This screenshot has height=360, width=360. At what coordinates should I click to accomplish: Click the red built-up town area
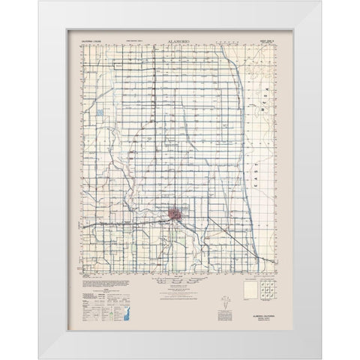tap(174, 214)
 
